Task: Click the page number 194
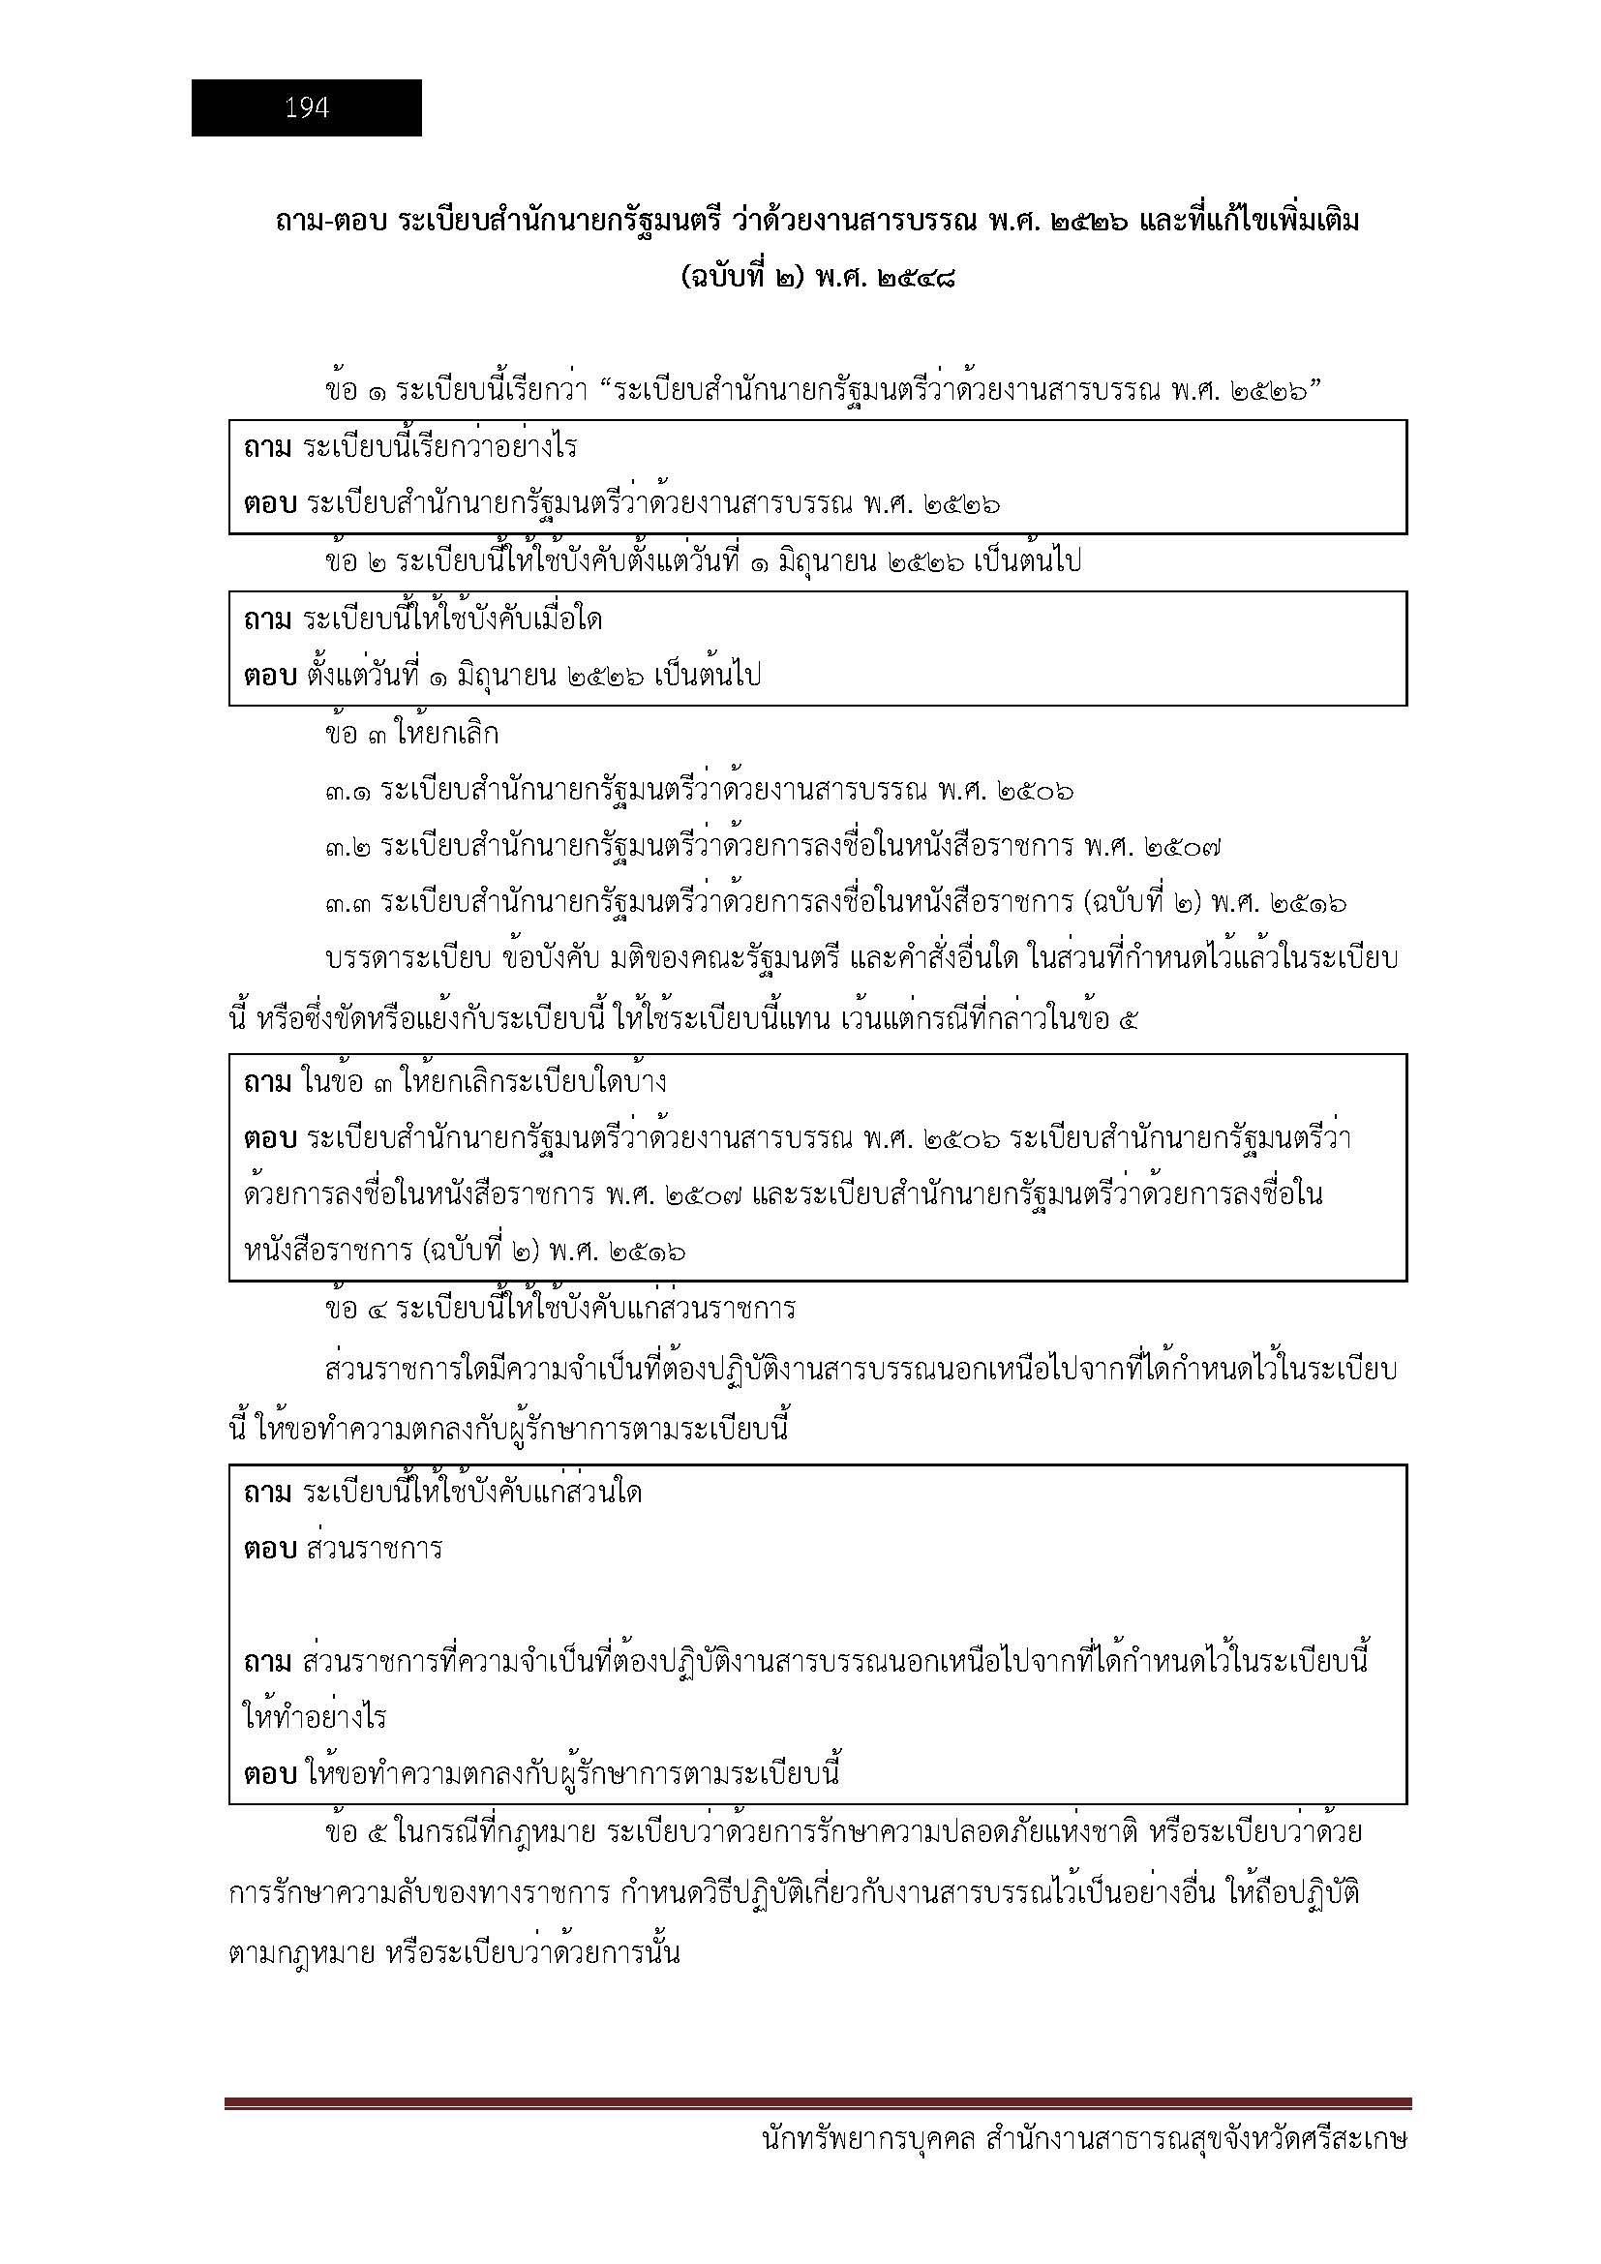click(x=307, y=108)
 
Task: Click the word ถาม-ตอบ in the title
click(x=331, y=223)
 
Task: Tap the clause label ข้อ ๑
click(x=356, y=391)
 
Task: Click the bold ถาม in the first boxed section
click(x=267, y=449)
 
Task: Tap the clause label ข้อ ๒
click(x=356, y=562)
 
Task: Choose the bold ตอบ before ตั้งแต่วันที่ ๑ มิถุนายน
click(x=270, y=677)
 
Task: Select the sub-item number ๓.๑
click(x=348, y=792)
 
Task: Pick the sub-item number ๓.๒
click(x=348, y=848)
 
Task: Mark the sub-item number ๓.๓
click(x=348, y=904)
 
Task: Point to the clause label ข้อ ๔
click(x=356, y=1311)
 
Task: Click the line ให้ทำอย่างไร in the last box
click(x=315, y=1718)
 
